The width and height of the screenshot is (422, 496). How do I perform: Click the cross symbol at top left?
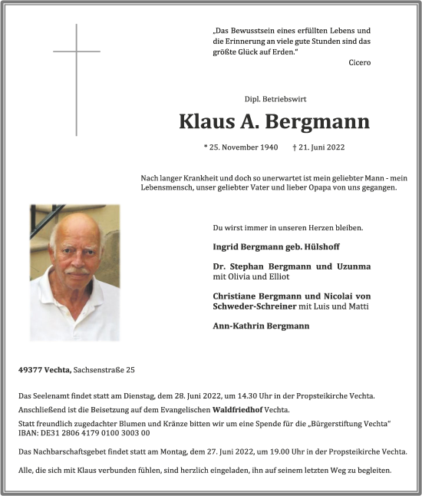click(76, 52)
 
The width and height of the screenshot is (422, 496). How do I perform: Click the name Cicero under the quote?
click(358, 62)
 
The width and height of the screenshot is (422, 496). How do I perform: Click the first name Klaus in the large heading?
click(205, 121)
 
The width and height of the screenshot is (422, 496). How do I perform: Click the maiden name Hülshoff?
click(320, 247)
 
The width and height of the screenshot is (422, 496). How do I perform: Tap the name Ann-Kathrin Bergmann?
click(261, 326)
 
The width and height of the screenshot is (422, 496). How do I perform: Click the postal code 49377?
click(31, 370)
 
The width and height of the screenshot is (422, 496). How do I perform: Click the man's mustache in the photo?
click(77, 271)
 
